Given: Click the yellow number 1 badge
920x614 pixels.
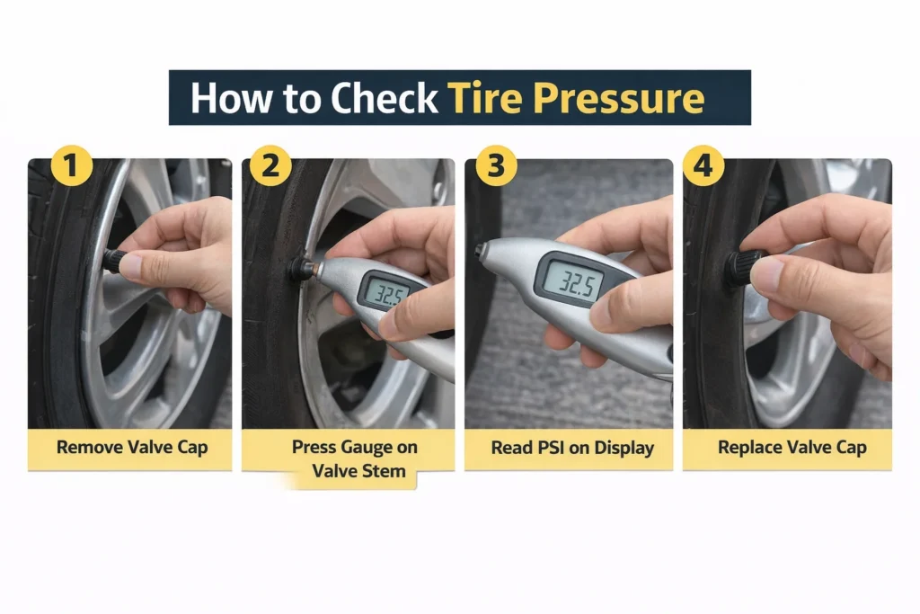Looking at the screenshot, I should pyautogui.click(x=71, y=167).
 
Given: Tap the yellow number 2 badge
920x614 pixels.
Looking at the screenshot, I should pyautogui.click(x=270, y=167).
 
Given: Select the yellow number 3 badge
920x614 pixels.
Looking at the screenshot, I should pyautogui.click(x=495, y=167).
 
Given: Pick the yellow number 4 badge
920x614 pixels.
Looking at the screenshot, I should pyautogui.click(x=703, y=167).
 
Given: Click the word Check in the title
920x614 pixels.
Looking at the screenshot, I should pyautogui.click(x=385, y=98).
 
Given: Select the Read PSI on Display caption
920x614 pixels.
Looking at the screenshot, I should pyautogui.click(x=572, y=448).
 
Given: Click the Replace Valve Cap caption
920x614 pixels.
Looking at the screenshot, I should pyautogui.click(x=792, y=448).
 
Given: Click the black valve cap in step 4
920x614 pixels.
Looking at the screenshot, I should pyautogui.click(x=741, y=267).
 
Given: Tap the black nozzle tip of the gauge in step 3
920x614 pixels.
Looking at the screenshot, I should pyautogui.click(x=480, y=251).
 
